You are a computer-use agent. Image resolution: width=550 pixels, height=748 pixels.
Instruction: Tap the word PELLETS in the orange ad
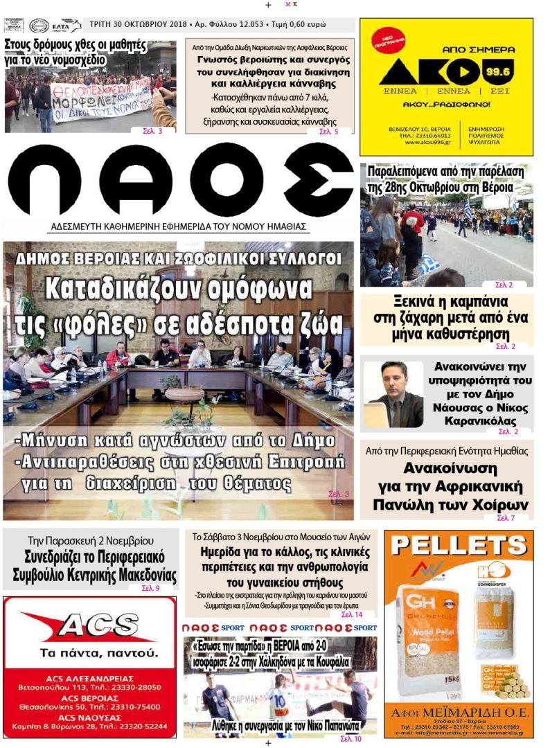pyautogui.click(x=459, y=546)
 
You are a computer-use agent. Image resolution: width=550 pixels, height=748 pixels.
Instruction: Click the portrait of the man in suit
pyautogui.click(x=393, y=395)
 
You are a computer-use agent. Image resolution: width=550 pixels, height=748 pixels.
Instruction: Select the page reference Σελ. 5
pyautogui.click(x=328, y=131)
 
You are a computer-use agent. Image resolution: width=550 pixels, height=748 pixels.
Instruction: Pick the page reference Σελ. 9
pyautogui.click(x=150, y=588)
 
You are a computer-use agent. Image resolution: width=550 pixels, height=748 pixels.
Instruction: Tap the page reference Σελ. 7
pyautogui.click(x=506, y=517)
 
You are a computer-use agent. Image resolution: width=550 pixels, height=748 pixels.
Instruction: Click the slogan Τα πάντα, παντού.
pyautogui.click(x=89, y=653)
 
